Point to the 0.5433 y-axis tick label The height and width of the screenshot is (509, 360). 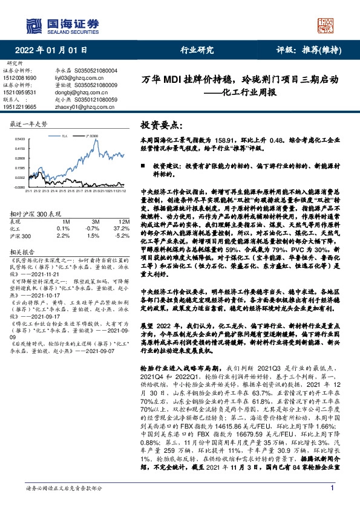[18, 139]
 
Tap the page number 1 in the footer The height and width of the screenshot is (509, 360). [332, 488]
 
